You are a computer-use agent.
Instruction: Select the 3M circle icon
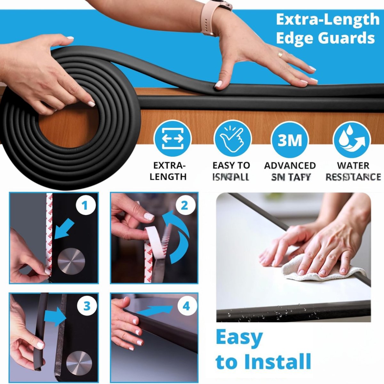tap(290, 140)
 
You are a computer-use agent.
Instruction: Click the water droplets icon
tap(352, 140)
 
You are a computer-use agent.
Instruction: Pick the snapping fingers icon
tap(233, 140)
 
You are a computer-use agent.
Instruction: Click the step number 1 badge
tap(85, 205)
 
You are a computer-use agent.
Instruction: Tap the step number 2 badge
tap(184, 205)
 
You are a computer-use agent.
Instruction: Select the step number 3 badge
tap(87, 306)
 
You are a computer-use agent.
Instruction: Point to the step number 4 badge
tap(186, 306)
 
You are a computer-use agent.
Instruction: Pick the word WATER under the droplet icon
tap(353, 166)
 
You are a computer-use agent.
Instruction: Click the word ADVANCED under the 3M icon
tap(290, 166)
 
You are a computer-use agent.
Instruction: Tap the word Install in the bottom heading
tap(277, 361)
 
